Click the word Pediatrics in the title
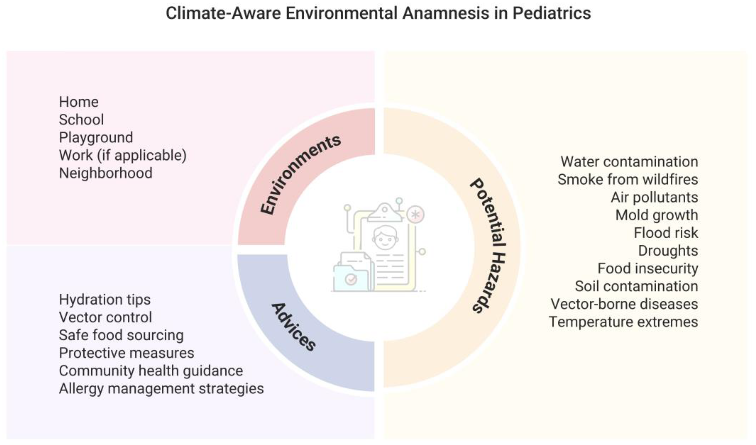552,13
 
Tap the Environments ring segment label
300,175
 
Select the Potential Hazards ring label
488,246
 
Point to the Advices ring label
293,327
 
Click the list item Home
79,102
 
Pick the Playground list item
96,138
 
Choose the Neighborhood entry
106,173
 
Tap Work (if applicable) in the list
123,155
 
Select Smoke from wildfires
628,179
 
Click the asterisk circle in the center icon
416,215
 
